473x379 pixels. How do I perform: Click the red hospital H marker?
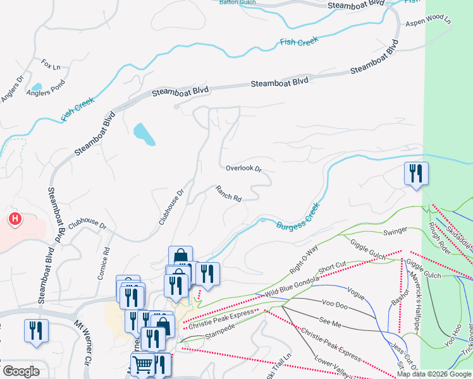tap(15, 219)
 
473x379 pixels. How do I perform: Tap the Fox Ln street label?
tap(51, 65)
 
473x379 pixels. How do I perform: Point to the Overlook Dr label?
tap(243, 169)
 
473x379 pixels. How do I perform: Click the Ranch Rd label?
tap(228, 193)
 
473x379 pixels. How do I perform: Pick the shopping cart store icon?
tap(143, 364)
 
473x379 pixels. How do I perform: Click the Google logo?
tap(21, 371)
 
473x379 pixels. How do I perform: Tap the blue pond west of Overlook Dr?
tap(144, 133)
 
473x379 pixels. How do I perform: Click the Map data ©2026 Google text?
tap(434, 374)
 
